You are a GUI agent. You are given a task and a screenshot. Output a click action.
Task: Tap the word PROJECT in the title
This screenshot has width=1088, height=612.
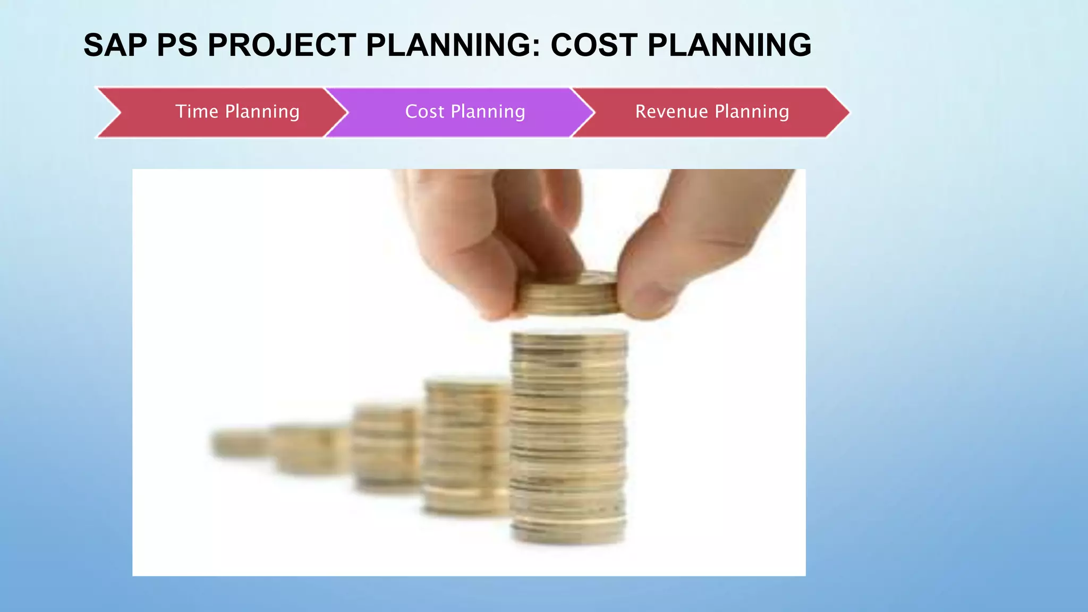[x=282, y=45]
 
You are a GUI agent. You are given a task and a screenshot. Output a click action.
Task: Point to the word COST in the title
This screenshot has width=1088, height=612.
[x=593, y=45]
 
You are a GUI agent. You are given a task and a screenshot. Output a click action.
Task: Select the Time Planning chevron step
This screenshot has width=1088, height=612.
[x=223, y=112]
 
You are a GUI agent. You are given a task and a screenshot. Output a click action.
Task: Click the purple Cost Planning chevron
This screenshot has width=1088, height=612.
[x=462, y=112]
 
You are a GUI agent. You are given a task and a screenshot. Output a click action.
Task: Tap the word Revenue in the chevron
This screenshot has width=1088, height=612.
[x=671, y=112]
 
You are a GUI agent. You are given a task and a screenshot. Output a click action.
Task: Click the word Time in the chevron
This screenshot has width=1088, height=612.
[x=197, y=112]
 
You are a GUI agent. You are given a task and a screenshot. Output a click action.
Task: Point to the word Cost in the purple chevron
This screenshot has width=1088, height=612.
[x=424, y=112]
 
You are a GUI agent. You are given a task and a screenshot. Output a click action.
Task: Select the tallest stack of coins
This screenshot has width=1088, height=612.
[x=568, y=436]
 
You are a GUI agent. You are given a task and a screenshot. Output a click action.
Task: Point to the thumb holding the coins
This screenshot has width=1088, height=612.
[x=653, y=266]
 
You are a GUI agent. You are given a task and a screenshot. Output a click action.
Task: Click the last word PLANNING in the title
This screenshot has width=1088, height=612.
[x=729, y=45]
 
